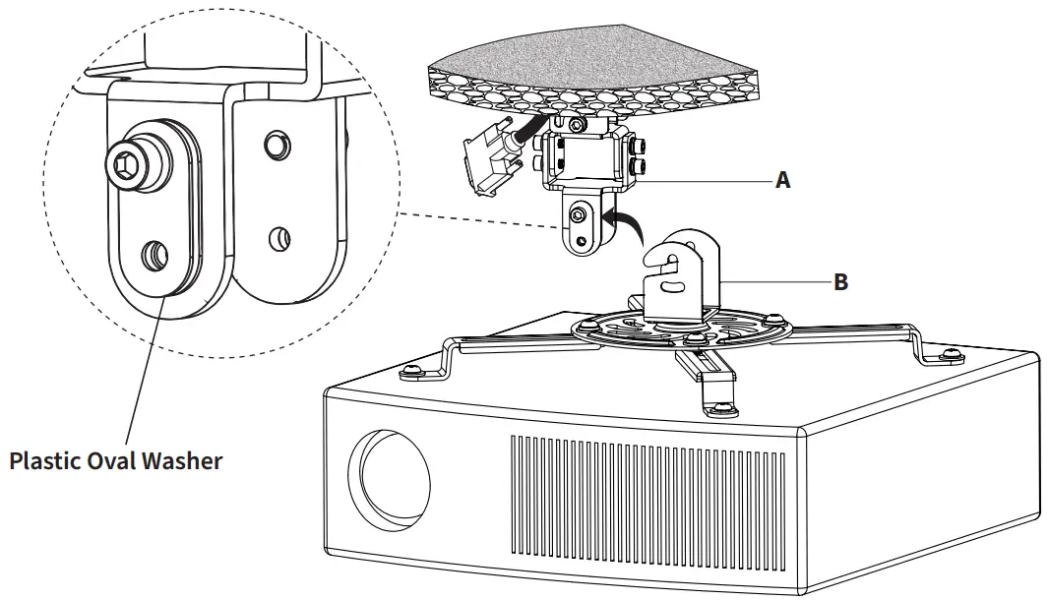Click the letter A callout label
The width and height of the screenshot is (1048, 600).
tap(783, 180)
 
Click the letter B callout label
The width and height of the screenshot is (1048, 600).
tap(840, 282)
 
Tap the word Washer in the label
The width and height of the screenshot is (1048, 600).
tap(186, 460)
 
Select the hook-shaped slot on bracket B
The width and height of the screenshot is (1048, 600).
tap(669, 260)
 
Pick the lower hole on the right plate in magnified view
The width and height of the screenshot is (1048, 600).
tap(279, 236)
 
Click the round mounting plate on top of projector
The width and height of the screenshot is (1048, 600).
tap(679, 330)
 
